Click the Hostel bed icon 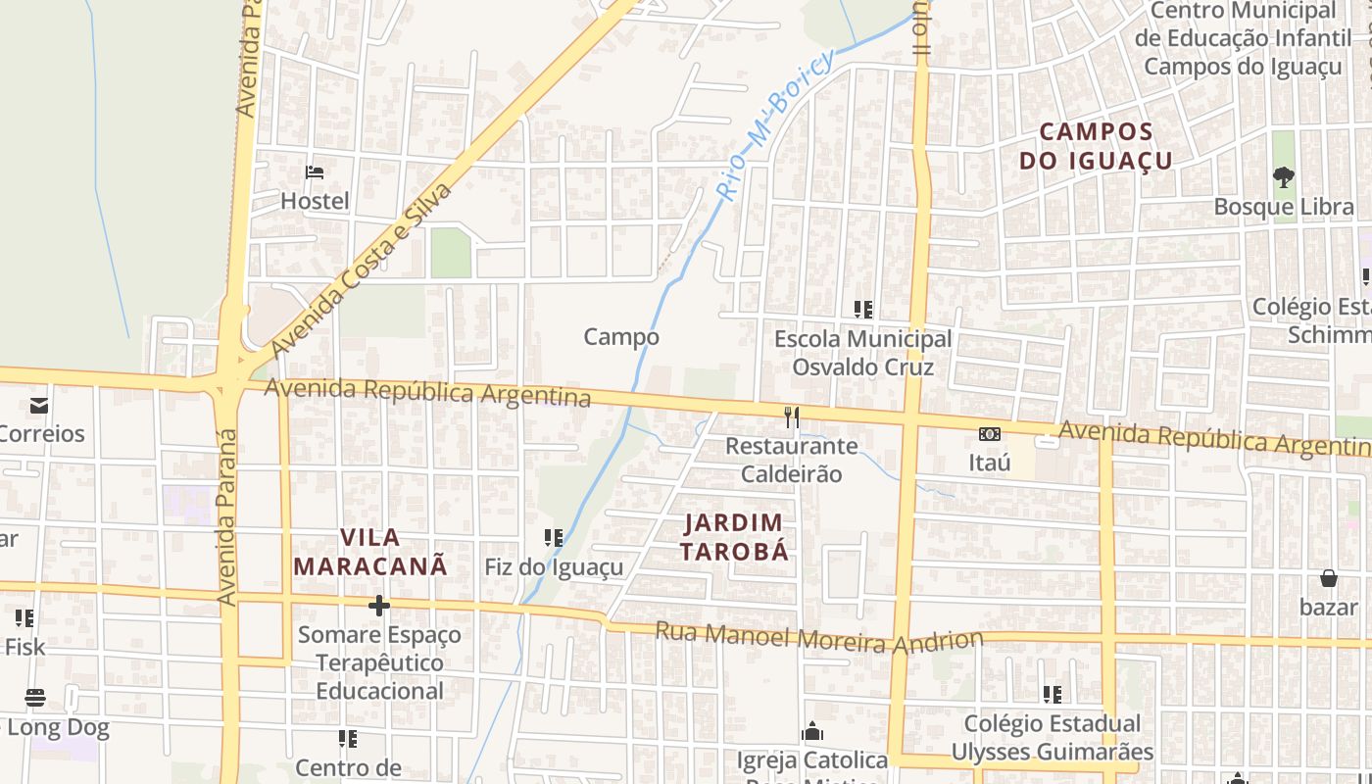point(315,172)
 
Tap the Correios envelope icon point(39,405)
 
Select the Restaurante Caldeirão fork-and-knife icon point(792,417)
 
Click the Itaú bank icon point(990,433)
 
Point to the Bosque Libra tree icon point(1283,177)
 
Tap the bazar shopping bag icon point(1329,578)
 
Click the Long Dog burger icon point(35,698)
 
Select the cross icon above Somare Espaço point(379,606)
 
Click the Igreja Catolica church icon point(811,732)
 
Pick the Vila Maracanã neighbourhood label point(370,552)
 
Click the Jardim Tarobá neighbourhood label point(734,537)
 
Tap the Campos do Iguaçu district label point(1096,145)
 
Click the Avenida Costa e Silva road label point(362,269)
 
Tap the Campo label point(621,337)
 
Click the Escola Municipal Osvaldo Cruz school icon point(863,310)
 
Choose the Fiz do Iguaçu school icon point(554,538)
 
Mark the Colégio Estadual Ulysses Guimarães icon point(1053,695)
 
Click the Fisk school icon point(24,618)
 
